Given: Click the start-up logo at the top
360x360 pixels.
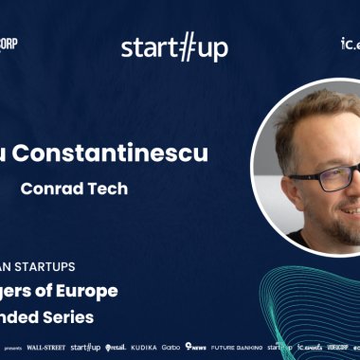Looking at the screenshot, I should pos(174,46).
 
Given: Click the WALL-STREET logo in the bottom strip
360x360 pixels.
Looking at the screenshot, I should pos(45,347).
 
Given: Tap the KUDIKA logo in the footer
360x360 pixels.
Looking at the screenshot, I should pos(144,347).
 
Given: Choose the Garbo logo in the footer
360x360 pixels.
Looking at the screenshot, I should pos(171,347).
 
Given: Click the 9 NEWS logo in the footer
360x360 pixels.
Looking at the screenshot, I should pos(196,347).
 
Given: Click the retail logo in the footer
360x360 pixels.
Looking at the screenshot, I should pos(114,347).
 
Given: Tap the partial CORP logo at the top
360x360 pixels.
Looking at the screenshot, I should pos(9,44).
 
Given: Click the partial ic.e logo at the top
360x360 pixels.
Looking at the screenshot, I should pos(350,44).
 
